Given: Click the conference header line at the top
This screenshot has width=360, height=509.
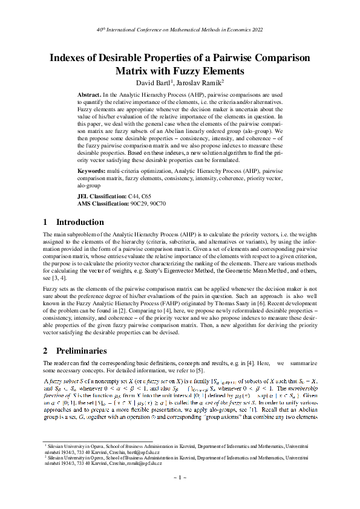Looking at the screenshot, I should coord(180,29).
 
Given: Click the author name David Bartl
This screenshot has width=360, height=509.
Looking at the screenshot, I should coord(155,82).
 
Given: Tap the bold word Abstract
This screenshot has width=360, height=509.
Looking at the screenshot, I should coord(90,96).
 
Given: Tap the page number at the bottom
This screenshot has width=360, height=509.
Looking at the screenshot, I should coord(180,478).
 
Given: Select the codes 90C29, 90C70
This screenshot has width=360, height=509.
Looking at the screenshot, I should coord(149,204).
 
